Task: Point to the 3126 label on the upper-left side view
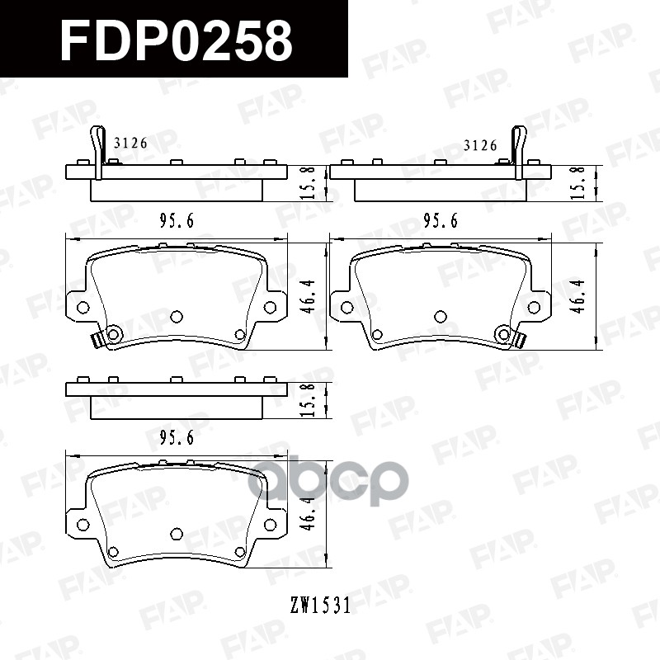[x=130, y=144]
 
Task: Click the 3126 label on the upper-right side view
[x=480, y=145]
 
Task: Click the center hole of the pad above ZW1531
[x=176, y=534]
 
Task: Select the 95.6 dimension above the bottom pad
[x=177, y=439]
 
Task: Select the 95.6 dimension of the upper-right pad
[x=441, y=221]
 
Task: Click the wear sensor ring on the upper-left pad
[x=112, y=334]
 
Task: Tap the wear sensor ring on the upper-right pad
[x=503, y=333]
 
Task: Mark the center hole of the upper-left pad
[x=176, y=316]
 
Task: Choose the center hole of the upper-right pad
[x=440, y=316]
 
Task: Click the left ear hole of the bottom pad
[x=82, y=525]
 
